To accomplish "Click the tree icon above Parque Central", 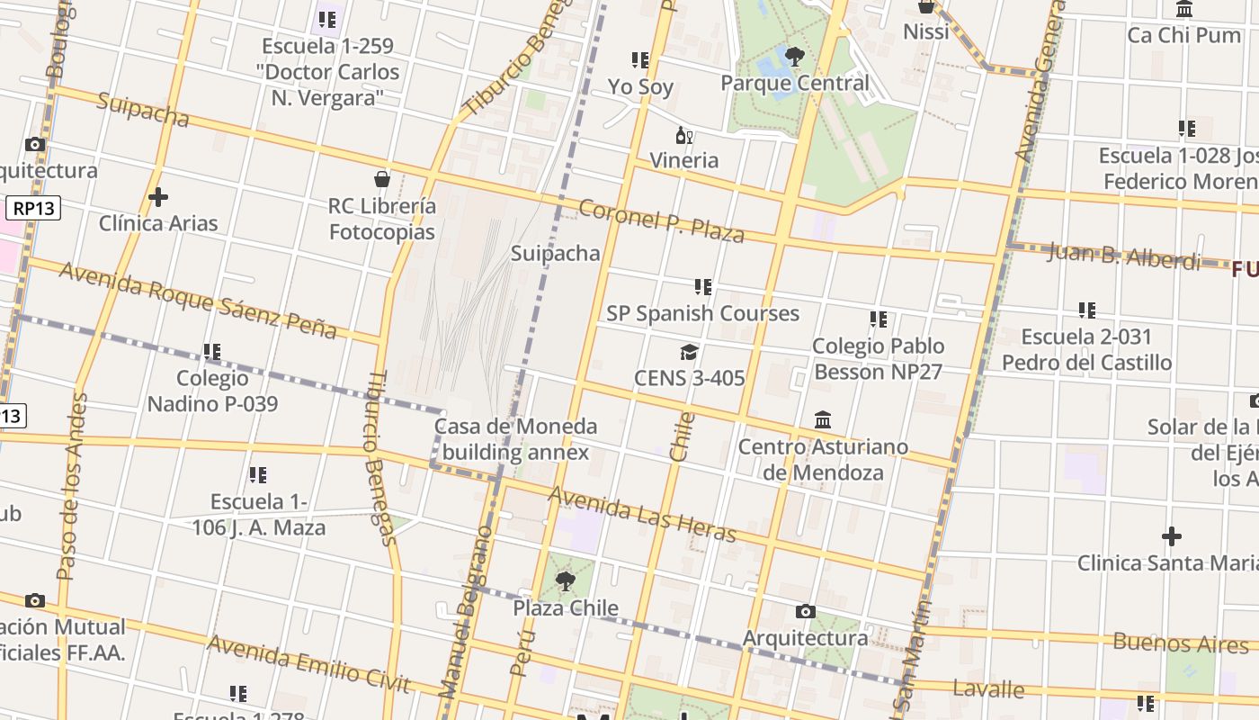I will pyautogui.click(x=794, y=58).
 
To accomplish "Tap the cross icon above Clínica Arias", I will pyautogui.click(x=158, y=196).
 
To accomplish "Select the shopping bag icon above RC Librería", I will pyautogui.click(x=382, y=178).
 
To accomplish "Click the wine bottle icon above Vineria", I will pyautogui.click(x=684, y=135).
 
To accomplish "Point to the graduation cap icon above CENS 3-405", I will pyautogui.click(x=689, y=352).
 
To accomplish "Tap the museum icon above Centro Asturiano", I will pyautogui.click(x=823, y=419).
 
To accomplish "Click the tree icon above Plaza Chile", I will pyautogui.click(x=565, y=581).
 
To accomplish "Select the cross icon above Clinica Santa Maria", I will pyautogui.click(x=1171, y=536).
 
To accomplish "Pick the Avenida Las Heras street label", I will pyautogui.click(x=641, y=514).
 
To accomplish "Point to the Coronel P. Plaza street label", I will pyautogui.click(x=661, y=221).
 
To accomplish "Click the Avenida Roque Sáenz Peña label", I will pyautogui.click(x=198, y=300).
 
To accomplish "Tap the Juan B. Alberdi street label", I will pyautogui.click(x=1124, y=256).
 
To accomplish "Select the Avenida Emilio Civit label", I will pyautogui.click(x=308, y=664).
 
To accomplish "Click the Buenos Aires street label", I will pyautogui.click(x=1181, y=643).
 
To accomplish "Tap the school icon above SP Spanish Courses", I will pyautogui.click(x=702, y=287).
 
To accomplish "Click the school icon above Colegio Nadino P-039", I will pyautogui.click(x=212, y=351).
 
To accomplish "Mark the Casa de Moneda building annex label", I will pyautogui.click(x=515, y=438).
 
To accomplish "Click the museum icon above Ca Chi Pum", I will pyautogui.click(x=1184, y=10).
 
